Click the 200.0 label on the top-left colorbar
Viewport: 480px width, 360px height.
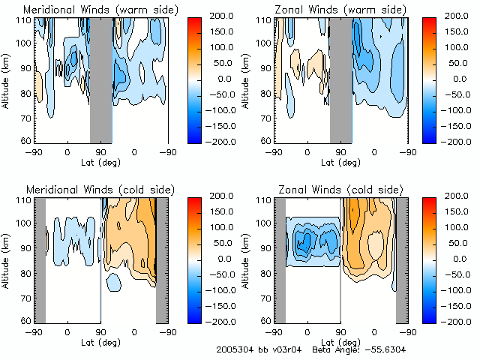[x=225, y=16]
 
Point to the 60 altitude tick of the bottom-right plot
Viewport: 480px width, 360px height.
[x=265, y=321]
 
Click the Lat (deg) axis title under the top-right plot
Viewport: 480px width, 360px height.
[x=340, y=161]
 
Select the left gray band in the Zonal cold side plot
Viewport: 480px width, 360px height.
[x=280, y=259]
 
